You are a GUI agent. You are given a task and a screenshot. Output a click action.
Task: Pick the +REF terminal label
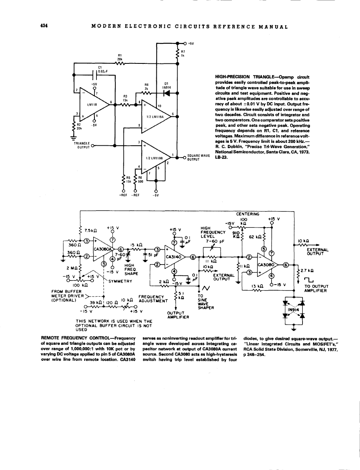(123, 195)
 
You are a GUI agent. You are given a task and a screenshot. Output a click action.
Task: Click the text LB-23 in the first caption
(222, 157)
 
